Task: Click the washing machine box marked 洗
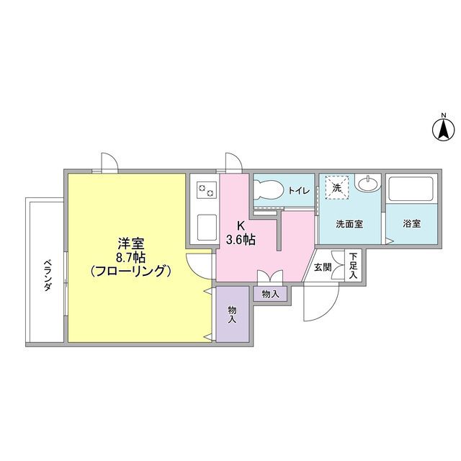336,187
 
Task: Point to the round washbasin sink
367,184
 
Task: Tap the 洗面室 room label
349,223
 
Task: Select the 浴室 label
412,223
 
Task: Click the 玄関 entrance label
322,267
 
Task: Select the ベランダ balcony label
47,274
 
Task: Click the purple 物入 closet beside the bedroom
233,314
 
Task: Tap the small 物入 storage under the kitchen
270,294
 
